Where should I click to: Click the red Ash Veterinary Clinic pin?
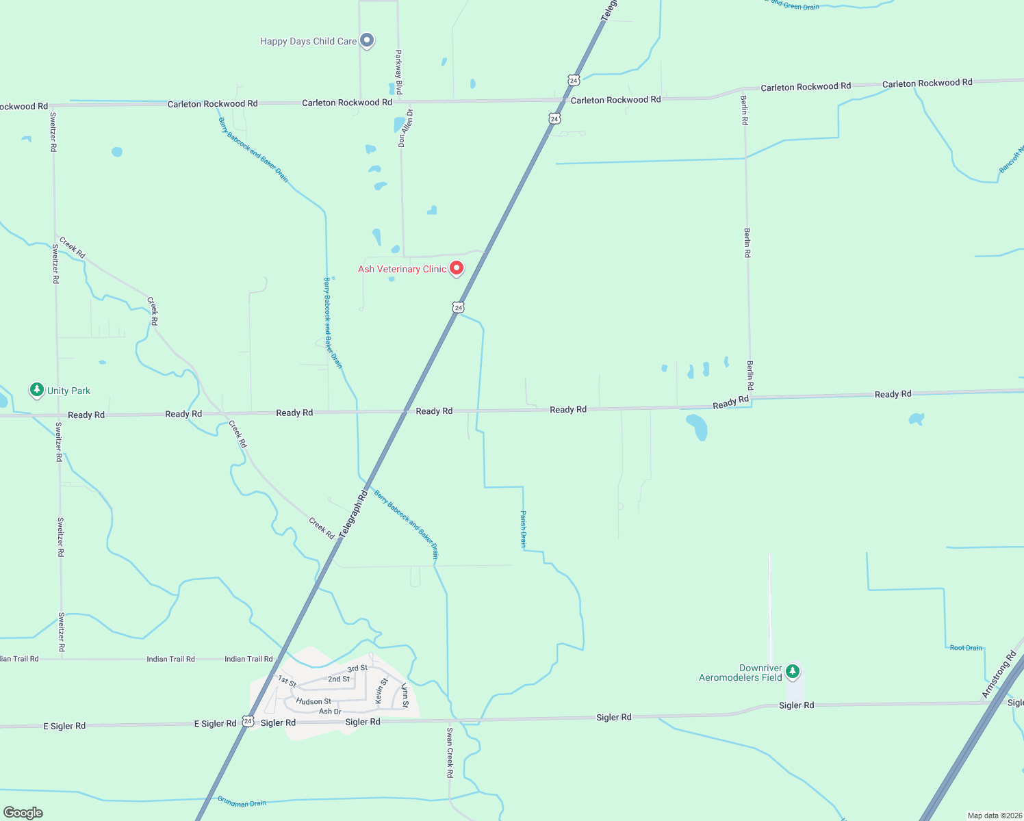tap(457, 268)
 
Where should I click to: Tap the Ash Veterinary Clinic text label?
tap(402, 270)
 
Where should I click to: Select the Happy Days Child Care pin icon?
tap(367, 40)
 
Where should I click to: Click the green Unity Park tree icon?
tap(37, 390)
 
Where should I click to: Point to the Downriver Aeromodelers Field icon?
tap(793, 672)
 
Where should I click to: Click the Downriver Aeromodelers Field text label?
tap(741, 673)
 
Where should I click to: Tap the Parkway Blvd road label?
tap(399, 72)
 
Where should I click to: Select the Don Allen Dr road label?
tap(405, 128)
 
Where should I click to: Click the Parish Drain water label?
tap(524, 529)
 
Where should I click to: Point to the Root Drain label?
tap(966, 648)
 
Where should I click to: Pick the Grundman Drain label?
tap(242, 802)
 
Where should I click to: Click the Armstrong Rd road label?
tap(999, 675)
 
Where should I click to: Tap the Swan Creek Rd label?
tap(450, 753)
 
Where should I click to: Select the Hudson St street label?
tap(313, 701)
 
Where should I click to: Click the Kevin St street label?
tap(381, 691)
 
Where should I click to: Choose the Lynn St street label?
tap(405, 695)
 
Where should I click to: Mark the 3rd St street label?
tap(357, 668)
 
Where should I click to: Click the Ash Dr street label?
tap(330, 712)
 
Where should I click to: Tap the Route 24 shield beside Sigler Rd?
tap(248, 722)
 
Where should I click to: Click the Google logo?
tap(23, 813)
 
